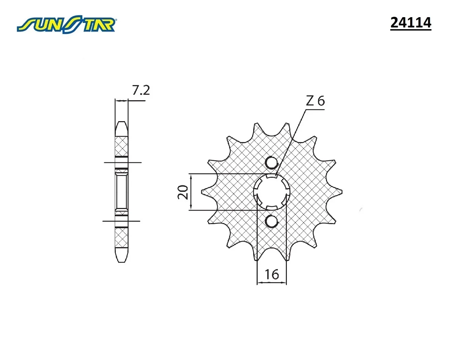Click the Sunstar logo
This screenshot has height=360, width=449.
66,24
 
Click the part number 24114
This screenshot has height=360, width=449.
411,23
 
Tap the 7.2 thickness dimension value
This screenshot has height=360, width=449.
141,90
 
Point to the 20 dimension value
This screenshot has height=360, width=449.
183,192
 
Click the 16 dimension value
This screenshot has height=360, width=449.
272,274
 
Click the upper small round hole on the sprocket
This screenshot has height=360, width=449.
272,163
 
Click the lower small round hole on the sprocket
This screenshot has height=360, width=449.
272,221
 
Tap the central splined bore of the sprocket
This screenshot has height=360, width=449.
272,192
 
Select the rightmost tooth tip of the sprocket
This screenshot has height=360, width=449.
341,192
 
